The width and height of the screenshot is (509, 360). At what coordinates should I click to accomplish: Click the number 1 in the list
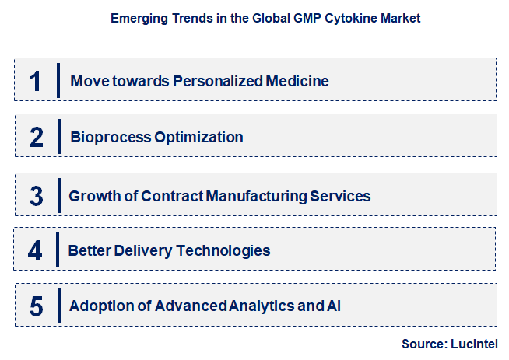click(35, 81)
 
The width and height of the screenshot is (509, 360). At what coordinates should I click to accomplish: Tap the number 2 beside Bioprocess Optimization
click(36, 138)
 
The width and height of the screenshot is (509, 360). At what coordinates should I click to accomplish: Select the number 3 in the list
click(36, 194)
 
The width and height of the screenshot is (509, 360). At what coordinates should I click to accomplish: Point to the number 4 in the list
click(35, 250)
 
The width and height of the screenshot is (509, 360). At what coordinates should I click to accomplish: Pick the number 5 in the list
click(36, 306)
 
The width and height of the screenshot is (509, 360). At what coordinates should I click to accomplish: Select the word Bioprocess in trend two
click(105, 138)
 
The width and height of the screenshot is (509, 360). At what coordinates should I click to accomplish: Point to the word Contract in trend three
click(171, 195)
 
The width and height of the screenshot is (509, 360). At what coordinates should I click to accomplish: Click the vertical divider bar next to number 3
click(59, 194)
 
